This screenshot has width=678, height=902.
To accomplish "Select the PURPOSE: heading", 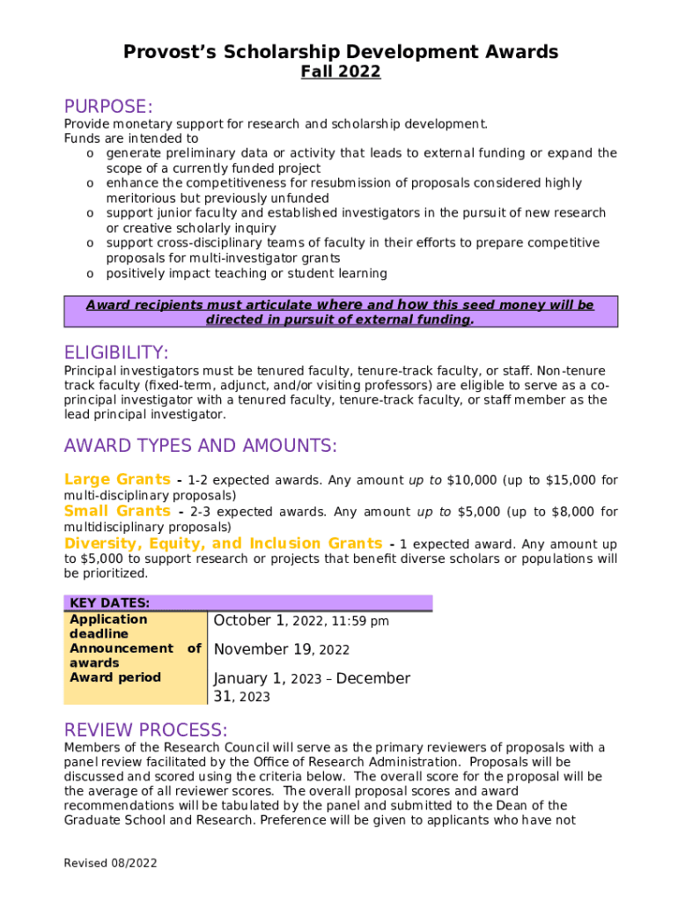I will pos(108,107).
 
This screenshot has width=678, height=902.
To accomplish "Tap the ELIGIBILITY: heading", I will pos(116,352).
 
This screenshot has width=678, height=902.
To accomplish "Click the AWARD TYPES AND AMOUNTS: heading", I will pos(200,446).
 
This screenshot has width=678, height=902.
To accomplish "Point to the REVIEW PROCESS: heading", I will pos(145,730).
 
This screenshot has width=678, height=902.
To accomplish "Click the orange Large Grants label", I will pos(117,480).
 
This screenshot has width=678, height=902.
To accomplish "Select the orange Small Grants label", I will pos(117,512).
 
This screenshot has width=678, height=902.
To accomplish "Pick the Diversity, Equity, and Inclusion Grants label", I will pos(223,543).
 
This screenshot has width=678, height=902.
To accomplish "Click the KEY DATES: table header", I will pos(109,603).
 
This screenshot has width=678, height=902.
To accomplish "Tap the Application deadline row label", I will pos(107,626).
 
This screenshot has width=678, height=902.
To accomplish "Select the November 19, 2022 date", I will pos(282,650).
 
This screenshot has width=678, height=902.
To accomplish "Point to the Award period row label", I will pos(114,677).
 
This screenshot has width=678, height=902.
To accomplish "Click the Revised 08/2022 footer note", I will pos(110,863).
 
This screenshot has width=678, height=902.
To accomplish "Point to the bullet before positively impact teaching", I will pos(91,274).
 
